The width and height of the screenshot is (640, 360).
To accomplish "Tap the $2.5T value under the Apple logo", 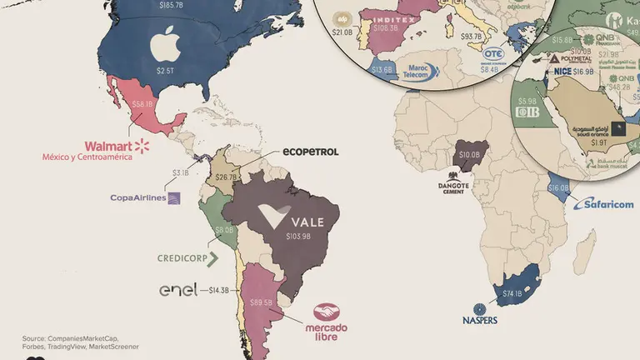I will coord(167,72).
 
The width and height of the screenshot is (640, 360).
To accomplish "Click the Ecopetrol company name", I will coord(310,152).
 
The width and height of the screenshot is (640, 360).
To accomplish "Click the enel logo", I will coord(178,290).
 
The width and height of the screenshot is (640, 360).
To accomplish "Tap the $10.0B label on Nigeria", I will coord(467,154).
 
